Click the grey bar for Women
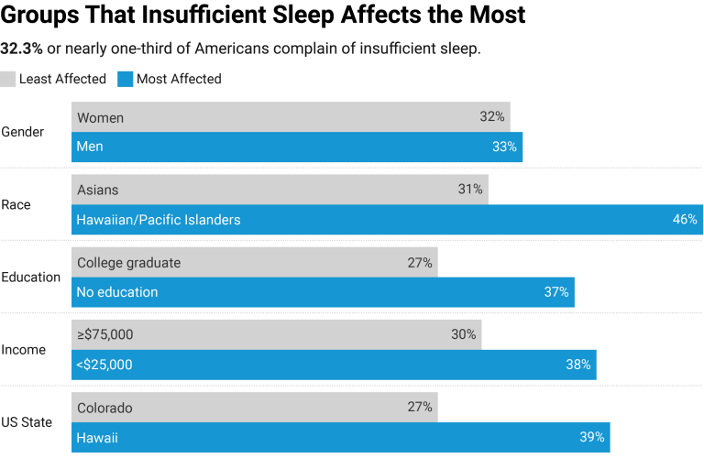click(x=291, y=117)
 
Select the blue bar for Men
click(x=297, y=147)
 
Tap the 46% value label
click(x=685, y=220)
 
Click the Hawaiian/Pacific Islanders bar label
click(x=159, y=220)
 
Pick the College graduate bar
click(x=254, y=263)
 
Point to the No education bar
click(x=323, y=292)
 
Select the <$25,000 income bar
click(x=334, y=365)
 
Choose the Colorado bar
click(x=254, y=408)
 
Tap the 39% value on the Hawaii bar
click(x=591, y=438)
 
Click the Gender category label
click(x=22, y=132)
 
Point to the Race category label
click(x=16, y=205)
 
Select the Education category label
click(x=30, y=278)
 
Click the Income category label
click(x=23, y=350)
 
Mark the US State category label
click(x=27, y=422)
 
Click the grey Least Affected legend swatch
click(x=8, y=80)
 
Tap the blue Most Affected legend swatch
click(x=126, y=80)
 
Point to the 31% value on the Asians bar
click(x=470, y=190)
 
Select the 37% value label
click(x=556, y=292)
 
